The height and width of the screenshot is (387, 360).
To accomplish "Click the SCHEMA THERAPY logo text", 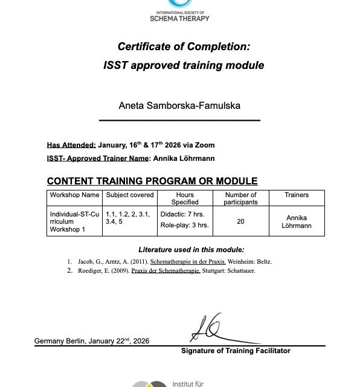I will click(179, 18).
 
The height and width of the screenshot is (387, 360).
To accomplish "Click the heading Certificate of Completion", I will click(184, 47).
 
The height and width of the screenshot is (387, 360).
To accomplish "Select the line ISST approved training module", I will click(184, 65).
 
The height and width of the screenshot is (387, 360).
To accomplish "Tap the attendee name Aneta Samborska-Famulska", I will click(179, 105).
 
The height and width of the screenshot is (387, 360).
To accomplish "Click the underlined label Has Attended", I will click(71, 145).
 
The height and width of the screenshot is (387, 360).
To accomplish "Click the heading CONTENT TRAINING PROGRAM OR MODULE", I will click(152, 181).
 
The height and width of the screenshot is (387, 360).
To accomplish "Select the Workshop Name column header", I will click(75, 195).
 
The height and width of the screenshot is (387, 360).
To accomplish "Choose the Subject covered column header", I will click(130, 195).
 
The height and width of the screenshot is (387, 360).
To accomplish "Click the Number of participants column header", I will click(240, 198).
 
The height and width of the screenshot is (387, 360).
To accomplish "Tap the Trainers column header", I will click(297, 195).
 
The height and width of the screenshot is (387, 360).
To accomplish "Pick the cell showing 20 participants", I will click(240, 221).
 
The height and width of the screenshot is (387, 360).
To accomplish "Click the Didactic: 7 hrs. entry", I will click(183, 214).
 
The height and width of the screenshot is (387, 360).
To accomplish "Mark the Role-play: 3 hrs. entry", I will click(185, 225).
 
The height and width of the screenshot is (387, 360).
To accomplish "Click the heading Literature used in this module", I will click(191, 249).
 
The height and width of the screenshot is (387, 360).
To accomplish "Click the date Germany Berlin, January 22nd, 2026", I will click(92, 341).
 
